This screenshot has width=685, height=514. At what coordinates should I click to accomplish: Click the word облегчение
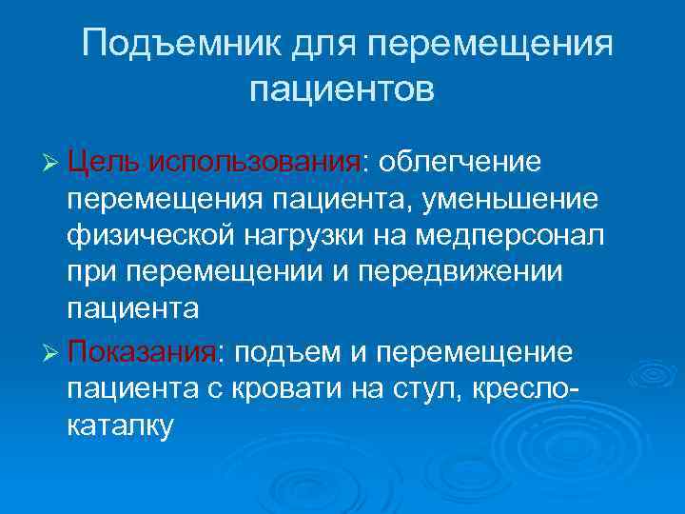(460, 162)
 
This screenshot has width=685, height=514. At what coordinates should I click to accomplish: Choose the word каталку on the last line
(121, 425)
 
